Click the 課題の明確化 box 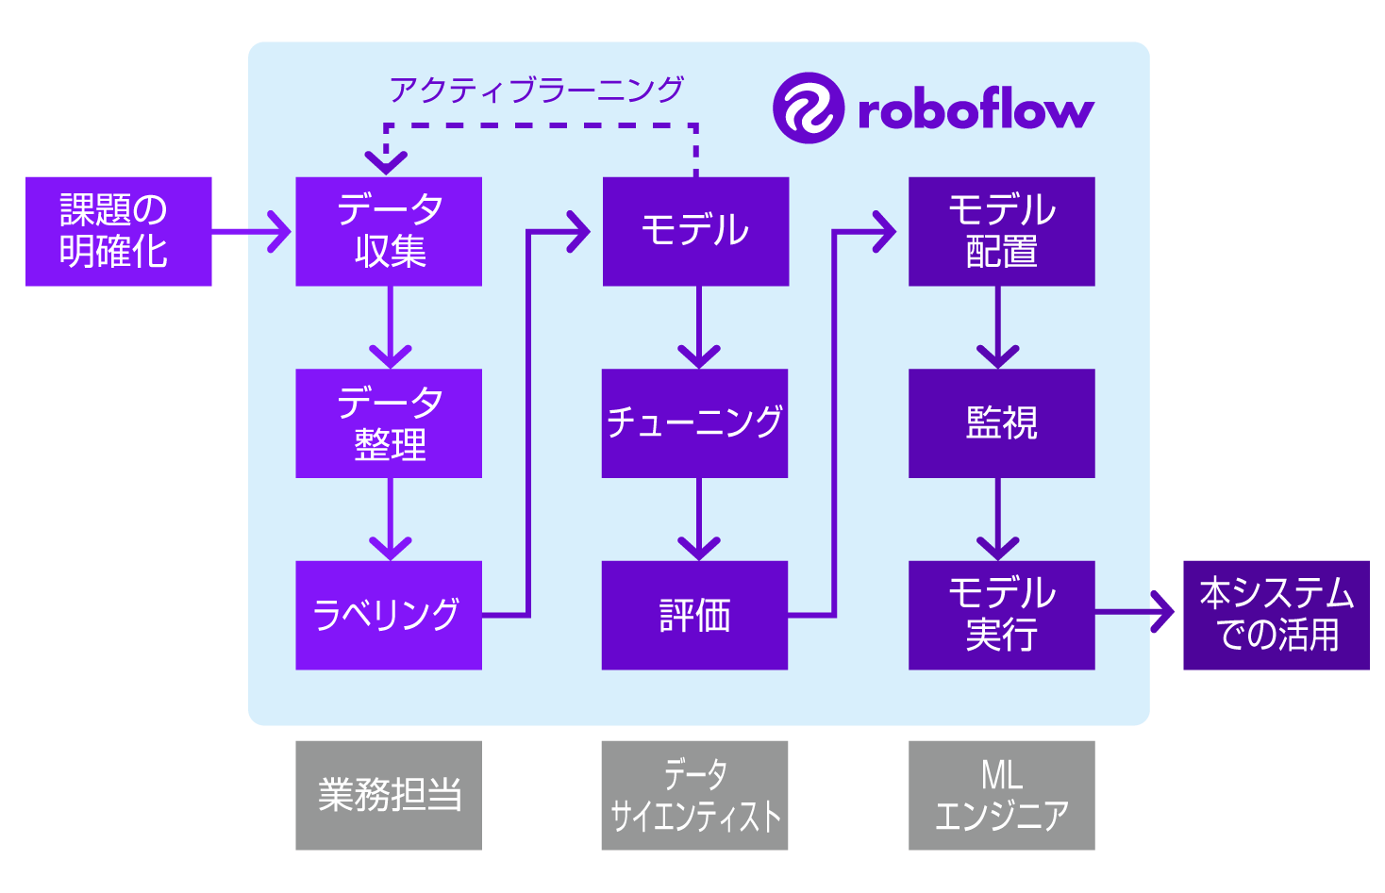[119, 231]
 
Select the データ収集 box [389, 231]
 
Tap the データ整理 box [389, 423]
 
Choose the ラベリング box [389, 615]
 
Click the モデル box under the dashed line [695, 231]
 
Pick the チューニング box [695, 423]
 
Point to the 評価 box [695, 615]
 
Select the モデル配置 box [1001, 231]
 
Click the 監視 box [1001, 423]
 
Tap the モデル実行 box [1001, 615]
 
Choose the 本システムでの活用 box [1276, 615]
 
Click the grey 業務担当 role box [389, 795]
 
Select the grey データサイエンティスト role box [695, 795]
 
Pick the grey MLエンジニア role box [1001, 795]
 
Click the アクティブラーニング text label [536, 90]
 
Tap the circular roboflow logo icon [808, 107]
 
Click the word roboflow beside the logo [976, 109]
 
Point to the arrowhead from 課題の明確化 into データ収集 [279, 231]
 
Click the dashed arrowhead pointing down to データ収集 [386, 161]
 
